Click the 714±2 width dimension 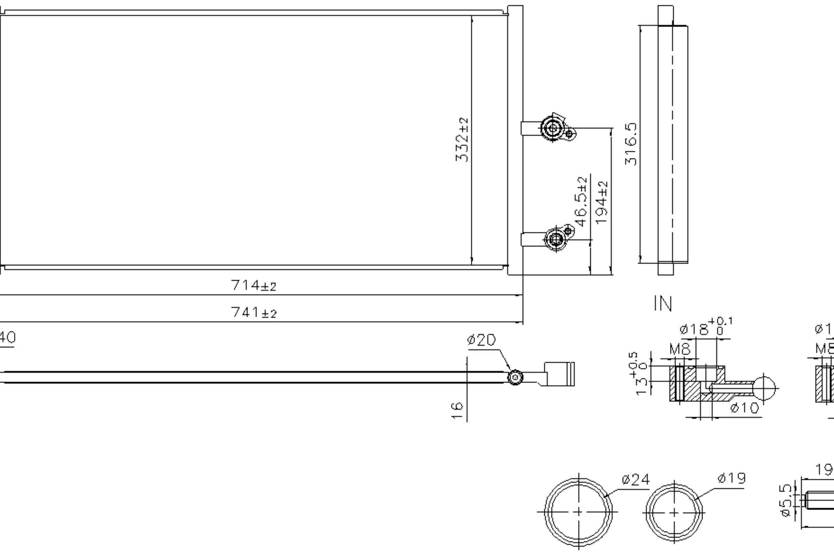[253, 285]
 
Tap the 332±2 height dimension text [462, 140]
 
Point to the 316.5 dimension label [631, 144]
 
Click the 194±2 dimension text [602, 203]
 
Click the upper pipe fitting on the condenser [553, 128]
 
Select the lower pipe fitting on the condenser [556, 239]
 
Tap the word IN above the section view [663, 304]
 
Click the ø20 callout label [481, 341]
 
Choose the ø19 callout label [731, 479]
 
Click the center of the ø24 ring [578, 512]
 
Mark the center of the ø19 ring [674, 512]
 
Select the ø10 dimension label [745, 409]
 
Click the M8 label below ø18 [680, 350]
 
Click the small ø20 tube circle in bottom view [515, 378]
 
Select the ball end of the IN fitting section [764, 388]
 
